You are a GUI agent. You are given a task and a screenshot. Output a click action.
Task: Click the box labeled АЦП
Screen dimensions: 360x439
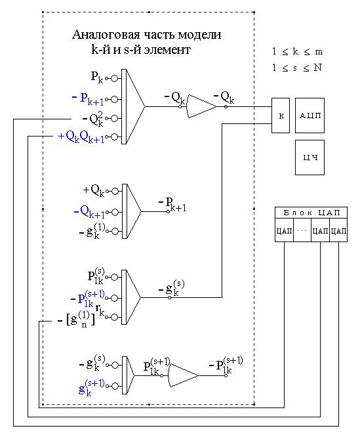pyautogui.click(x=310, y=115)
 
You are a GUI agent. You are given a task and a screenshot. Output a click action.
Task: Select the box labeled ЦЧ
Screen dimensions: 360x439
pyautogui.click(x=310, y=157)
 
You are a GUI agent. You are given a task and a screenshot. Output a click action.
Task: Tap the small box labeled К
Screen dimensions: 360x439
pyautogui.click(x=281, y=115)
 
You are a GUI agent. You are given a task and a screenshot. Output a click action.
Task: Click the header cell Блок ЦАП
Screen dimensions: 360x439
pyautogui.click(x=311, y=213)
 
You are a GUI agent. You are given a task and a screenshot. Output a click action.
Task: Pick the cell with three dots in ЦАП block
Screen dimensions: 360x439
pyautogui.click(x=302, y=230)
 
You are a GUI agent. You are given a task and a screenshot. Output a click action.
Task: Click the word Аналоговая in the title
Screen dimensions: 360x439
pyautogui.click(x=106, y=35)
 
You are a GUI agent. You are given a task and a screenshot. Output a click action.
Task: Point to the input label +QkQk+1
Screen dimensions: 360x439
pyautogui.click(x=81, y=136)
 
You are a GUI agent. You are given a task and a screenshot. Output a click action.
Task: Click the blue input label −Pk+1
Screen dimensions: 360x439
pyautogui.click(x=88, y=99)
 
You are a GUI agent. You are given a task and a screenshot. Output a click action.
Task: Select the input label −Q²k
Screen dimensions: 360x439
pyautogui.click(x=93, y=119)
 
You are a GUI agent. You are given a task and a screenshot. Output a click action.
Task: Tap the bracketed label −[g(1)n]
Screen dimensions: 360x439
pyautogui.click(x=76, y=319)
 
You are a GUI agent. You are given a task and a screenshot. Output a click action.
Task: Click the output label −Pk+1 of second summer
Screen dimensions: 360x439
pyautogui.click(x=172, y=204)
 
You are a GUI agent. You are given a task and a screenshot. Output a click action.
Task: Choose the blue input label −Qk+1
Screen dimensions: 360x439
pyautogui.click(x=89, y=212)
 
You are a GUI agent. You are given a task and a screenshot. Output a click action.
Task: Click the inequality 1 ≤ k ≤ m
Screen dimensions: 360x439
pyautogui.click(x=298, y=52)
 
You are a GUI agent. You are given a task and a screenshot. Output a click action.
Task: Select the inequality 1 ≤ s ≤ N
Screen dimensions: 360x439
pyautogui.click(x=297, y=68)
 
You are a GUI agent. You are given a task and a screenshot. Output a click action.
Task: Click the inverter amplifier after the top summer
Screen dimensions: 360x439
pyautogui.click(x=201, y=106)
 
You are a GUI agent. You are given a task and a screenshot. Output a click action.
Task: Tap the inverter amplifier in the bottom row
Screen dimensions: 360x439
pyautogui.click(x=183, y=375)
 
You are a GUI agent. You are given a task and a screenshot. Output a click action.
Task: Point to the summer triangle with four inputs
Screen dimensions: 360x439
pyautogui.click(x=133, y=107)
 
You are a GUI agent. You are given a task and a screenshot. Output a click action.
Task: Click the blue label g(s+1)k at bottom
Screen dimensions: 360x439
pyautogui.click(x=91, y=387)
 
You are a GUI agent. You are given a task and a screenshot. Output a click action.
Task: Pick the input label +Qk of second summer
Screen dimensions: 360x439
pyautogui.click(x=94, y=190)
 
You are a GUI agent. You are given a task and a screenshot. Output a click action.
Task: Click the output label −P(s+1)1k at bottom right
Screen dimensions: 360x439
pyautogui.click(x=226, y=366)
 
